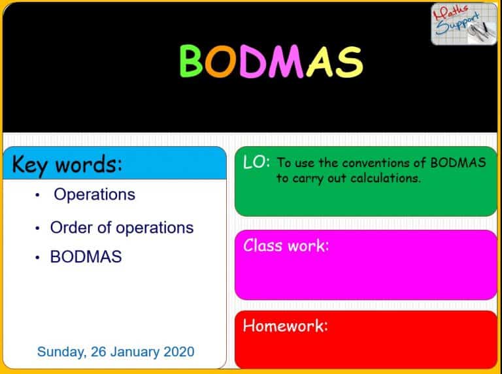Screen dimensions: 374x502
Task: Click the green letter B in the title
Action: [x=193, y=61]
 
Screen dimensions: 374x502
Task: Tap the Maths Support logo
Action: [x=463, y=24]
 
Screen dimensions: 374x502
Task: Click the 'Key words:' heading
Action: [x=67, y=164]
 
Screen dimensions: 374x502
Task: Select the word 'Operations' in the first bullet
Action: [x=94, y=195]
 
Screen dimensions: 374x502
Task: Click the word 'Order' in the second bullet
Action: [x=69, y=228]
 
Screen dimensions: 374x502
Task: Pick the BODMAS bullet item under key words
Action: [x=86, y=257]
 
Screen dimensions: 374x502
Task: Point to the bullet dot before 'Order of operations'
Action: [x=39, y=228]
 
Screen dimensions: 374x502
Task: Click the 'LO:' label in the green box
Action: [x=256, y=163]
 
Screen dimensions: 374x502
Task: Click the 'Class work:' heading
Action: [x=286, y=245]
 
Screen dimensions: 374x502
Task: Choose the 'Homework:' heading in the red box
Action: [x=285, y=325]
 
